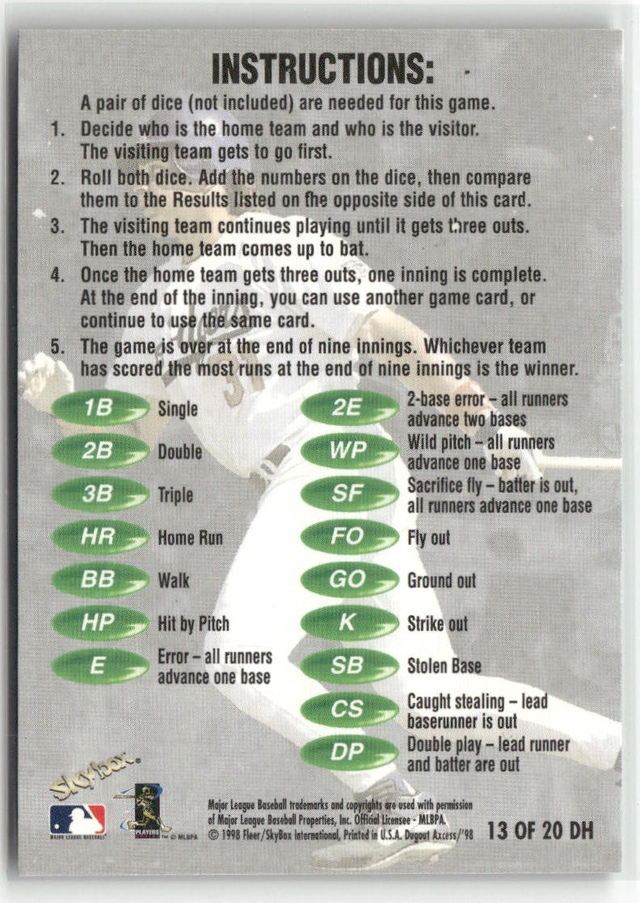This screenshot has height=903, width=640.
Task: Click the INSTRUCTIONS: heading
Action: (x=322, y=69)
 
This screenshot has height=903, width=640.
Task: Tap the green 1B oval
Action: (x=100, y=409)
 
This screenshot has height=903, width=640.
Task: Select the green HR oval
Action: (x=100, y=537)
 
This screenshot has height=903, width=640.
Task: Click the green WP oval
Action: (x=350, y=451)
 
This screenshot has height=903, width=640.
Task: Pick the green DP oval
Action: (x=350, y=752)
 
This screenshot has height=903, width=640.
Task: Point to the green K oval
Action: (x=350, y=623)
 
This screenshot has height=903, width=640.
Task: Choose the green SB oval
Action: (x=350, y=666)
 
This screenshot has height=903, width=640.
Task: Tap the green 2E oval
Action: (x=350, y=409)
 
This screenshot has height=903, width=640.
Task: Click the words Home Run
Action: (x=190, y=538)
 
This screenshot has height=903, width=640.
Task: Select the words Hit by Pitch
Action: (x=194, y=624)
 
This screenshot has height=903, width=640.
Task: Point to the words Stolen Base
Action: (x=444, y=666)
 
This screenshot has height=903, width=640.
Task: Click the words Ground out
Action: (x=442, y=581)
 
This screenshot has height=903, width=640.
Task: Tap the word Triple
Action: (x=175, y=495)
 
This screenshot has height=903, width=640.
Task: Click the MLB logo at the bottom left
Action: (x=78, y=820)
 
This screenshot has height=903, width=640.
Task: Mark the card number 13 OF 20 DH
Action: (x=541, y=830)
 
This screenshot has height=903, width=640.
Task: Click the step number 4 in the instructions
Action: (x=57, y=275)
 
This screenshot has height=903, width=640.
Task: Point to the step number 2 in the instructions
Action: (x=57, y=178)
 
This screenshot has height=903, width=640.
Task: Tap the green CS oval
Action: (x=350, y=709)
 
